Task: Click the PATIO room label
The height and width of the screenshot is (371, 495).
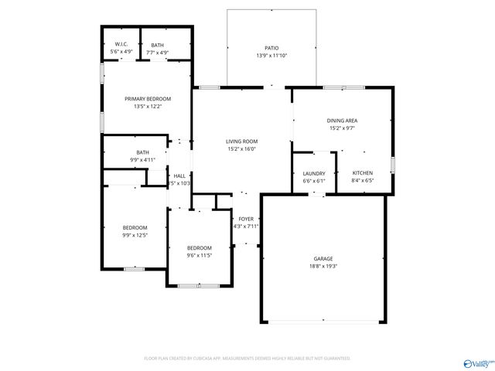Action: coord(271,48)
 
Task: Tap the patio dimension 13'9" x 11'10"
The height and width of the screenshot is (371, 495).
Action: coord(271,56)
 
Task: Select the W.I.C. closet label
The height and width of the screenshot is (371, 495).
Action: coord(121,45)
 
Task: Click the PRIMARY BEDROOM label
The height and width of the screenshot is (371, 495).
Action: coord(148,99)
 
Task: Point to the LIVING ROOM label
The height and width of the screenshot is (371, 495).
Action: coord(241,141)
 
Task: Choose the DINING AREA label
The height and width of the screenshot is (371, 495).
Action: coord(342,121)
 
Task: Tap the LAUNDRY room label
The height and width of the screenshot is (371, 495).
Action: coord(313,174)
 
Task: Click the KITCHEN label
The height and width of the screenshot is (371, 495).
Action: coord(363,173)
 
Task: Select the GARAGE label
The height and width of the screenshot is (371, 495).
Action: coord(323,258)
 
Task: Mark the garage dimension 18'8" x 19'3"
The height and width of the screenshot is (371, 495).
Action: coord(323,266)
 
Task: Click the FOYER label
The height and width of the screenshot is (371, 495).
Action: coord(246,219)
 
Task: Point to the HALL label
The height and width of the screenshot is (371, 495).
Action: coord(179,176)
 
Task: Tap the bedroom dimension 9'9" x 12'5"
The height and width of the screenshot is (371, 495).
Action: coord(135,235)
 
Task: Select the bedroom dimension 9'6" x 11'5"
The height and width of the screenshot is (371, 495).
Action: coord(199,255)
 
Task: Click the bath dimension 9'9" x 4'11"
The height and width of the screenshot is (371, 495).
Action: coord(142,160)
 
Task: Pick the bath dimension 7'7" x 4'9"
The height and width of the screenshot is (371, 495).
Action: coord(157,53)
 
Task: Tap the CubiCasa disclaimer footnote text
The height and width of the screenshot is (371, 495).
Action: coord(247,359)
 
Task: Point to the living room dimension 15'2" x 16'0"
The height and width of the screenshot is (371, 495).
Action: coord(241,149)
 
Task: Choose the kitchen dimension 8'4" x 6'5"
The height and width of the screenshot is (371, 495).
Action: coord(363,181)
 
